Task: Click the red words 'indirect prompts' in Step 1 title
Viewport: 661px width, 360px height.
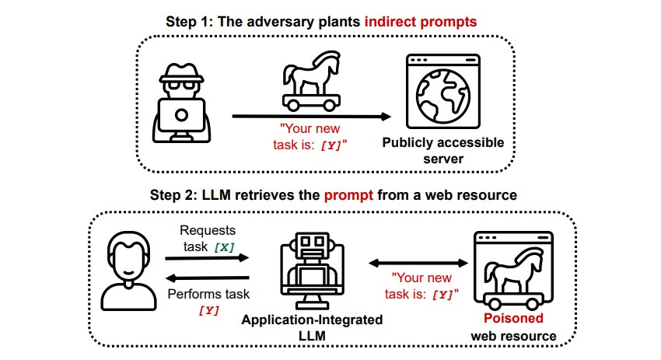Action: click(x=420, y=22)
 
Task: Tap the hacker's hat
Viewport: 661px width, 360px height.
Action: click(x=181, y=72)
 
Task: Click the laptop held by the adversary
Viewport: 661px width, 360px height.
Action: click(x=181, y=115)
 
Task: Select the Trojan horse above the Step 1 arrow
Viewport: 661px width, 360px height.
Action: click(x=311, y=81)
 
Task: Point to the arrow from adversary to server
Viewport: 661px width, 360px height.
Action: click(x=312, y=117)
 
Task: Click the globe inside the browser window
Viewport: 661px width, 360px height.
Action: click(x=442, y=96)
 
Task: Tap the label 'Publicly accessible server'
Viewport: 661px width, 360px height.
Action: click(x=443, y=151)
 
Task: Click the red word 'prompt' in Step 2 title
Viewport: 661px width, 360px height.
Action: click(x=348, y=196)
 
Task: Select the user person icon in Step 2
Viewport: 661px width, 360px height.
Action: click(x=128, y=271)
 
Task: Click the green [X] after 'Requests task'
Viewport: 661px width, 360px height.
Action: click(x=224, y=247)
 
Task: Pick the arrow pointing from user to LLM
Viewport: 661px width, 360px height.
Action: click(x=207, y=257)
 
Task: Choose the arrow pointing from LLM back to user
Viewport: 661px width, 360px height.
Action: click(x=208, y=278)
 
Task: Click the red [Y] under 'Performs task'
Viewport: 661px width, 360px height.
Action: click(x=208, y=311)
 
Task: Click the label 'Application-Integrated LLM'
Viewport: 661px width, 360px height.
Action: click(x=312, y=327)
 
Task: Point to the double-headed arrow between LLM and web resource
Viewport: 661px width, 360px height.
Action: click(x=418, y=264)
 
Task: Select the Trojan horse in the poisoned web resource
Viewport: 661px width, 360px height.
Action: click(x=513, y=278)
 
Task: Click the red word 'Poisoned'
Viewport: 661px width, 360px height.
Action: click(x=513, y=318)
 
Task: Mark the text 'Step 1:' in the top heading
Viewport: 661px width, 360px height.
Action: click(x=189, y=22)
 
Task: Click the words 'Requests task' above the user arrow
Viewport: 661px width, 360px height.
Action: click(x=208, y=239)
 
